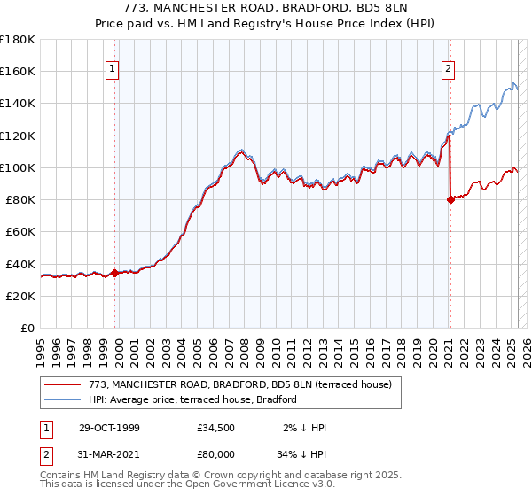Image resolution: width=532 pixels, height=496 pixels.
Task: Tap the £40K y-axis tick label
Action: (20, 264)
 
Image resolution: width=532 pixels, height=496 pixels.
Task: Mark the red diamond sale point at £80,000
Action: (450, 199)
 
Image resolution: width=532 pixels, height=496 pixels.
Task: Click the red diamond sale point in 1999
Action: (115, 273)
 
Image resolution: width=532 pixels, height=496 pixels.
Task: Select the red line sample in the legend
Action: (63, 384)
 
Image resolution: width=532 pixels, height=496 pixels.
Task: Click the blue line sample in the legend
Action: (63, 399)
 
